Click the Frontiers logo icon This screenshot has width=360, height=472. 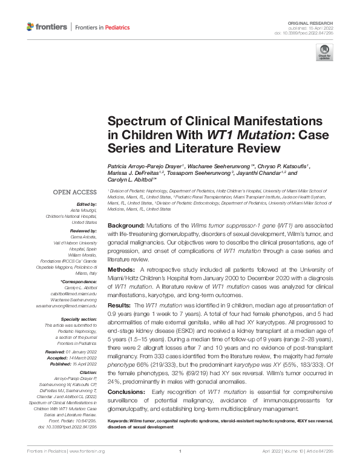coord(31,27)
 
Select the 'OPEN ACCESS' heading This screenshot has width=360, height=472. coord(76,192)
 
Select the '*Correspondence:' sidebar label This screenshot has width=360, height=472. coord(79,282)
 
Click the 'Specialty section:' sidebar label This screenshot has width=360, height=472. coord(80,318)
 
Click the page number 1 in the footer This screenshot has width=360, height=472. coord(180,468)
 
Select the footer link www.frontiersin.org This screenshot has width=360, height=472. coord(88,468)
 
